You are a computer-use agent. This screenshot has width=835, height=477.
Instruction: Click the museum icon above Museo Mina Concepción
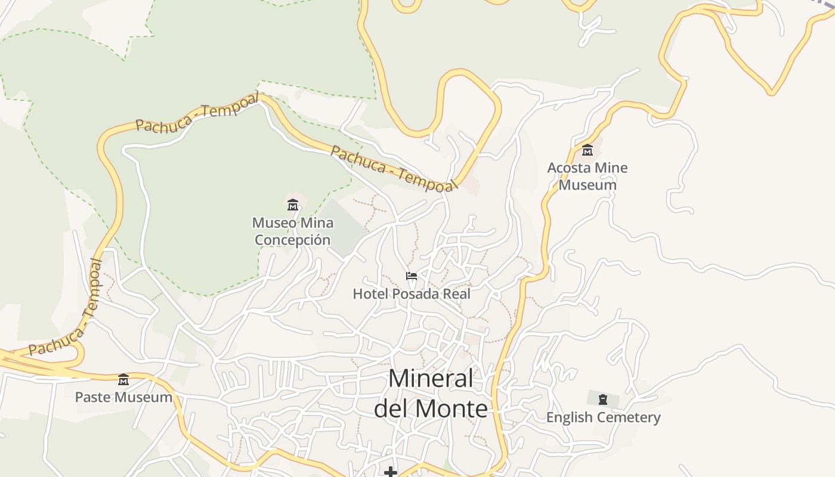click(293, 205)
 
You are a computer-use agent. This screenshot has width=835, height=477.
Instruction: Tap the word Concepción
click(292, 240)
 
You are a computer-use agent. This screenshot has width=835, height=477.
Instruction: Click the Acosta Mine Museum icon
click(587, 150)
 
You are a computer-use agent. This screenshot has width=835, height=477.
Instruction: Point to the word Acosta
click(569, 168)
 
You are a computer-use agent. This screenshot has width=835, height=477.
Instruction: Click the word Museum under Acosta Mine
click(587, 185)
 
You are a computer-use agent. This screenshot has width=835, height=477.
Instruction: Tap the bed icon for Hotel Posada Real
click(412, 276)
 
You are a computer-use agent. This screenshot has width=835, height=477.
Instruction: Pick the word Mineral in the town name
click(431, 379)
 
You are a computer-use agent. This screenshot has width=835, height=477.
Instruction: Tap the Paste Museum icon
click(123, 379)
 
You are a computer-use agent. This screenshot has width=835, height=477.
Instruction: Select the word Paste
click(94, 397)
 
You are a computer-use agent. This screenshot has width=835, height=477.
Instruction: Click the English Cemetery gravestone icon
click(603, 399)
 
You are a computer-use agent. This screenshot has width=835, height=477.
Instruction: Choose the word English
click(569, 417)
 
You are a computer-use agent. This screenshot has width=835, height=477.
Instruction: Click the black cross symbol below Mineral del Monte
click(391, 472)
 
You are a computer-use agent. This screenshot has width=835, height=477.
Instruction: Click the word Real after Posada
click(457, 294)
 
